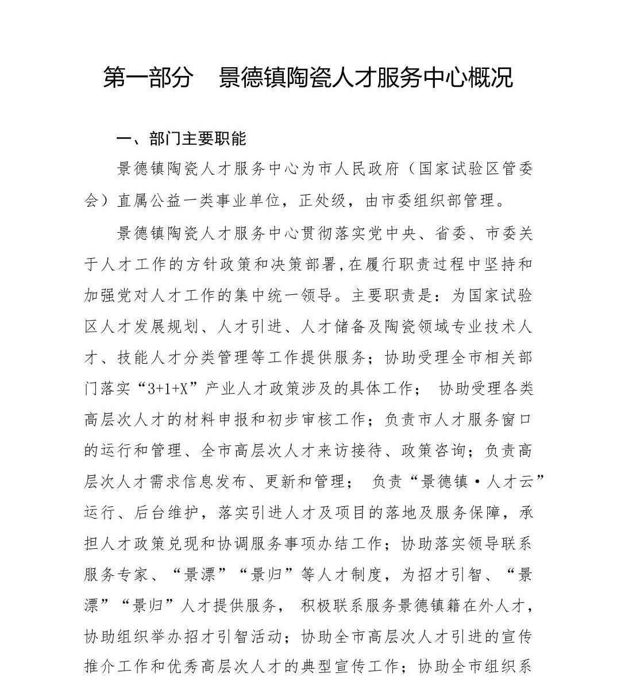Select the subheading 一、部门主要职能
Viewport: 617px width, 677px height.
181,139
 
